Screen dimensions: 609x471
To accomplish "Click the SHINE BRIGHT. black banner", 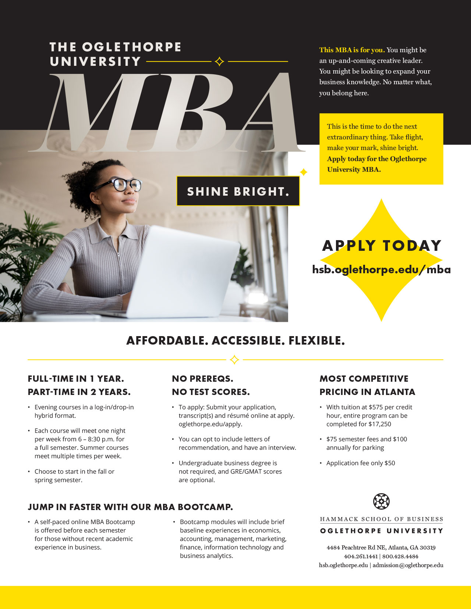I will [238, 191].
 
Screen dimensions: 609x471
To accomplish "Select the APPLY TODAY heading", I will [382, 246].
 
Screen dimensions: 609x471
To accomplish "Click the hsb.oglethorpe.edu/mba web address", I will [382, 270].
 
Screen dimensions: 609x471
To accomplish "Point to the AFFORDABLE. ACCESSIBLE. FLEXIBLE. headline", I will [235, 341].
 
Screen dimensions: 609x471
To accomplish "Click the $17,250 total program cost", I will [380, 424].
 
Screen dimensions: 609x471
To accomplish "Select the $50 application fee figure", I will [390, 463].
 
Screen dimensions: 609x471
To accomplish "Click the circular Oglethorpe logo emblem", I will [381, 501].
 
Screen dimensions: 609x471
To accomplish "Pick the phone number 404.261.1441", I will [361, 556].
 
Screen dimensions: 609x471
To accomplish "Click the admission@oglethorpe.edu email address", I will [408, 565].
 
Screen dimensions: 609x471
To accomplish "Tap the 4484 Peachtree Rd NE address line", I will [381, 548].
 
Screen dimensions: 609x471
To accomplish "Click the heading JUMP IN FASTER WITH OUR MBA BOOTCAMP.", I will [130, 507].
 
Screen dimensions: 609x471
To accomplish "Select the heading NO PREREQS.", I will [202, 379].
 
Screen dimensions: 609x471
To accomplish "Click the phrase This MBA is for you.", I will [352, 50].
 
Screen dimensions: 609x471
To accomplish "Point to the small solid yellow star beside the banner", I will [304, 172].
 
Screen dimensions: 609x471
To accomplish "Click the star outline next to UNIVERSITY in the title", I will [219, 61].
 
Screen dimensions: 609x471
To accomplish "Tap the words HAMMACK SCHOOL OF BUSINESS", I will [382, 519].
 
